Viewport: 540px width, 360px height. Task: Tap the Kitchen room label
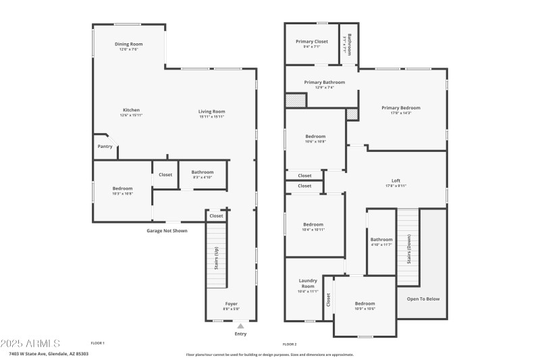[131, 110]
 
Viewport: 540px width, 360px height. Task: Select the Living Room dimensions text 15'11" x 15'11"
[211, 117]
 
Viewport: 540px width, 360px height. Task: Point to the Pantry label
[105, 146]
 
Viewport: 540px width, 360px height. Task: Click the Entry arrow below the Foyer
[240, 326]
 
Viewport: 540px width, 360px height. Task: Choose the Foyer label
[231, 303]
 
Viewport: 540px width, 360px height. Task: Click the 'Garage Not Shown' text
[167, 231]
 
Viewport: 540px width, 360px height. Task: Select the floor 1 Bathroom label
[202, 172]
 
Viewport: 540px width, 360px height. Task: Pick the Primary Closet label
[310, 41]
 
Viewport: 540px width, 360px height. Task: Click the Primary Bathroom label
[324, 82]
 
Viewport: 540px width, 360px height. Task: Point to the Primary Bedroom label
[400, 107]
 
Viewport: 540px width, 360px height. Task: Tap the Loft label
[396, 180]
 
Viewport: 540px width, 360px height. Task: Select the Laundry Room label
[307, 283]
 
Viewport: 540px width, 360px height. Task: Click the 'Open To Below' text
[423, 299]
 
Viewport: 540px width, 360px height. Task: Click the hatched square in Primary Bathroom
[295, 101]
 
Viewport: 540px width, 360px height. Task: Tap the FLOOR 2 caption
[290, 344]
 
